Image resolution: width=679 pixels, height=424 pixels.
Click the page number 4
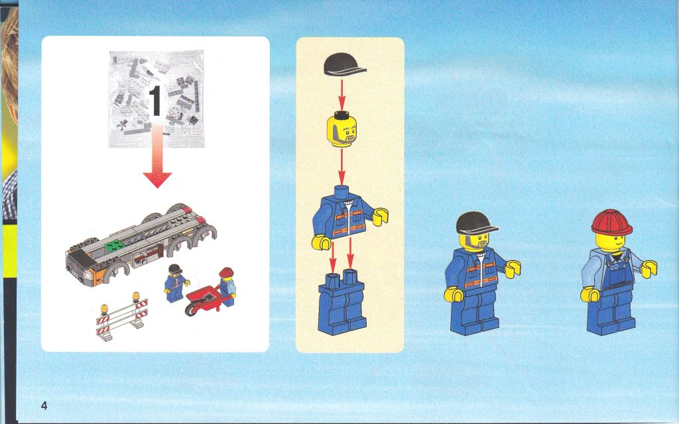pos(44,405)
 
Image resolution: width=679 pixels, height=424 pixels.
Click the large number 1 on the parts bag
pos(156,101)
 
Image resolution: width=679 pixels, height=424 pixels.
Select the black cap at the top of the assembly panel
pos(345,65)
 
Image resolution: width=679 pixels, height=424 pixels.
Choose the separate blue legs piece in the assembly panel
pos(341,302)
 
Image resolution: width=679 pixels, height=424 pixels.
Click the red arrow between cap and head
pos(341,95)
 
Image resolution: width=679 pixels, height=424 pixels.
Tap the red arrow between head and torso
pos(341,166)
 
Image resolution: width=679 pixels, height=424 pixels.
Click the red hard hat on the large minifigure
pos(611,223)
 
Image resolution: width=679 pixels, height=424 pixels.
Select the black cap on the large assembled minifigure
pos(475,223)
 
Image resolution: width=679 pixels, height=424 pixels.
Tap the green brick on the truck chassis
pos(114,245)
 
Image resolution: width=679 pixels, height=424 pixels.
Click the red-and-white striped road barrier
pos(122,316)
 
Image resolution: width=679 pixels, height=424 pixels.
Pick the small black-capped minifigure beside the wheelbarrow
pos(175,284)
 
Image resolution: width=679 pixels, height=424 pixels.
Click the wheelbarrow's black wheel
pos(190,309)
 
